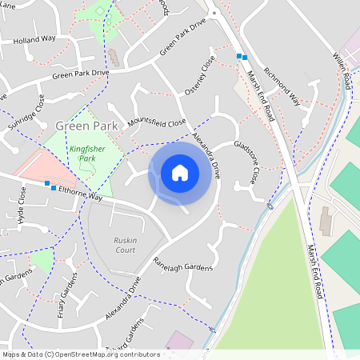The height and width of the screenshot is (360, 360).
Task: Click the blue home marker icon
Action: tap(180, 173)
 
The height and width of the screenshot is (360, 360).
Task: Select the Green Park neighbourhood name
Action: tap(86, 126)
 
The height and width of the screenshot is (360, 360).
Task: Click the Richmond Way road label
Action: tap(282, 86)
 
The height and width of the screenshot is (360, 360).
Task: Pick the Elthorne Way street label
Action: tap(76, 192)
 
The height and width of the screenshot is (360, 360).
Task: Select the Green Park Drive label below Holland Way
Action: tap(80, 74)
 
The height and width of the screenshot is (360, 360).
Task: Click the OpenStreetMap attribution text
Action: tap(81, 354)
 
